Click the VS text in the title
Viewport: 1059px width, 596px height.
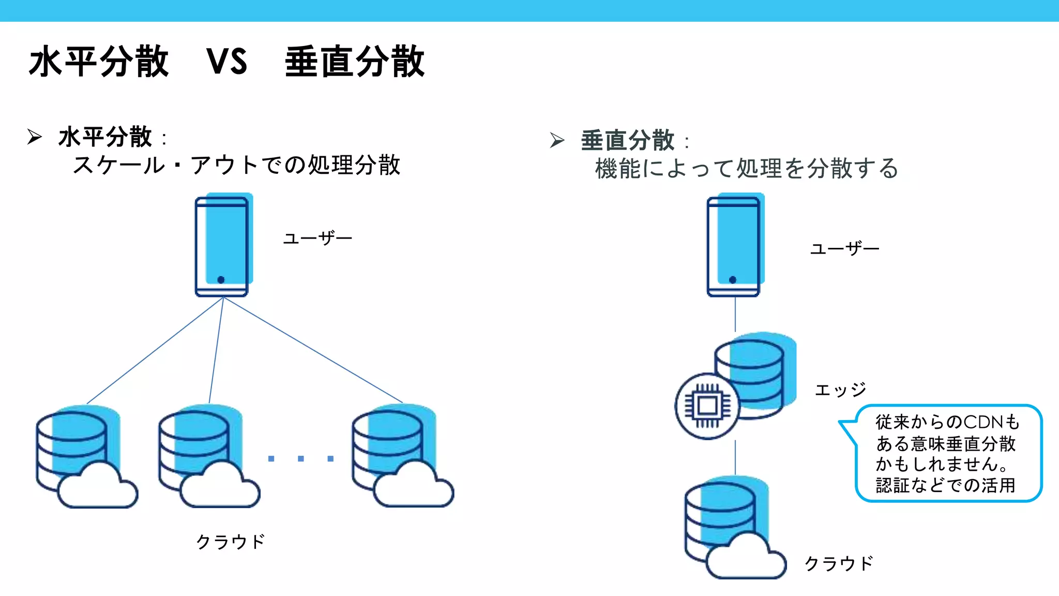point(227,62)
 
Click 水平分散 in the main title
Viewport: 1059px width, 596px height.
point(99,62)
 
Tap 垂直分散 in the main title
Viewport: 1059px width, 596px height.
point(355,62)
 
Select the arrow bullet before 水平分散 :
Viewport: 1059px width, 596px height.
point(35,137)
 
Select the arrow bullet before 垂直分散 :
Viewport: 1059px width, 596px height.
point(557,140)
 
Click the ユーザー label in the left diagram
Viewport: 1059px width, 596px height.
point(317,239)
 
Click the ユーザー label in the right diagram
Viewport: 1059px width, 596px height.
point(844,249)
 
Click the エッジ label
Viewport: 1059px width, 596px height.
point(840,390)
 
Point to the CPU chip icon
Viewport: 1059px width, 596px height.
point(707,406)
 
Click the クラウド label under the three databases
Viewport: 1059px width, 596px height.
point(231,542)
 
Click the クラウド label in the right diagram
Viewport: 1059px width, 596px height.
point(839,563)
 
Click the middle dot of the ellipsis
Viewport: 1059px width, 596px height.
point(301,459)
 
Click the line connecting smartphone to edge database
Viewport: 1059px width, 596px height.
point(735,314)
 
